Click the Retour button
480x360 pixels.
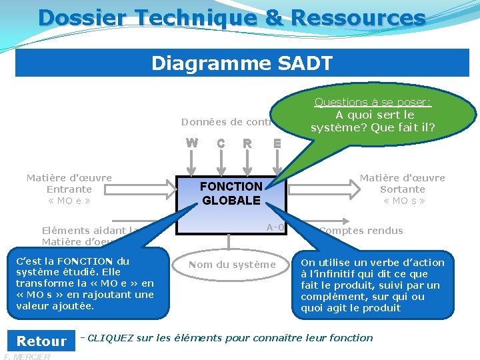41,341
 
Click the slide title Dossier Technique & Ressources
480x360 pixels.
232,17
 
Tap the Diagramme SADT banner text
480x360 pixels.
242,63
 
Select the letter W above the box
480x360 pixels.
192,143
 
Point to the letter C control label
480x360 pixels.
220,143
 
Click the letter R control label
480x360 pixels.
247,143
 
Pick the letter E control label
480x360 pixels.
277,143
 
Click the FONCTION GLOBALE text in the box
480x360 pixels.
231,193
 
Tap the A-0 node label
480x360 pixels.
275,227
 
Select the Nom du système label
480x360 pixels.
231,265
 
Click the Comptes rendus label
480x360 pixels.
361,231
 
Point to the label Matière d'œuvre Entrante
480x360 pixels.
69,189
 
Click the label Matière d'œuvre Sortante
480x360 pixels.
403,189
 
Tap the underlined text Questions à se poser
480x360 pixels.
373,102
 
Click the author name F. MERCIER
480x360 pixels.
27,357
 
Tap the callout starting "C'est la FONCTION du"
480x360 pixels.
85,283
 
